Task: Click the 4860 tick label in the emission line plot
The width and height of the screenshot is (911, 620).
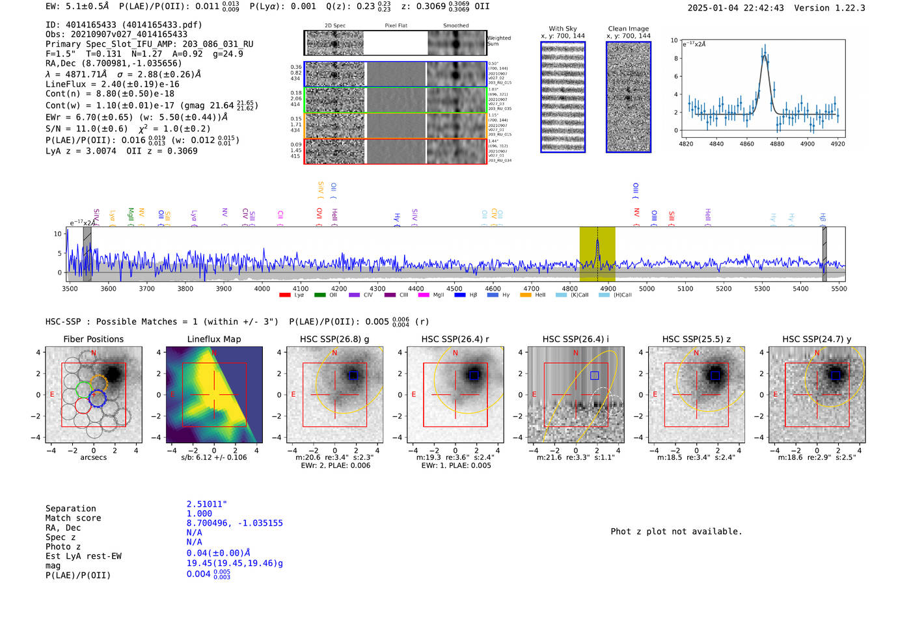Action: (746, 144)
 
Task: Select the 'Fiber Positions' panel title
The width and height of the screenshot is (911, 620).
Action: (93, 339)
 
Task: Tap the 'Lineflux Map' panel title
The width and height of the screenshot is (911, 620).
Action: (214, 339)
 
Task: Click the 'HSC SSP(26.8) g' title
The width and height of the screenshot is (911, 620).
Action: (334, 339)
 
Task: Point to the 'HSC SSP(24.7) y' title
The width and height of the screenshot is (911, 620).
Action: (817, 339)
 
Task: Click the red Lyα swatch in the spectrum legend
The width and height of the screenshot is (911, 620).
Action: (285, 295)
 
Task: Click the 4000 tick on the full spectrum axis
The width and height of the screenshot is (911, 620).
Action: (262, 288)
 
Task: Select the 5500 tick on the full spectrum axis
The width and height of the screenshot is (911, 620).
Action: (839, 288)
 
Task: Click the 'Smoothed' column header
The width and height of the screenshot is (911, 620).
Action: (455, 26)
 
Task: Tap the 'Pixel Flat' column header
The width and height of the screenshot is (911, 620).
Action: (396, 26)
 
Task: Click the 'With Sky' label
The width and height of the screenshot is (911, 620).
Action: (563, 29)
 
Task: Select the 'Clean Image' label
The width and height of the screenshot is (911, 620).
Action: (629, 29)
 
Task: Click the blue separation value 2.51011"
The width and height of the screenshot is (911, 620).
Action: (207, 504)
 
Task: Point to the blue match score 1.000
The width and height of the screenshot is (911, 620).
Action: (199, 513)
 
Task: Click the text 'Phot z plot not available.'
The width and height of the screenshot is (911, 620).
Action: (676, 532)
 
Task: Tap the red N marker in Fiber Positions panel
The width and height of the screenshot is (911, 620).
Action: (94, 353)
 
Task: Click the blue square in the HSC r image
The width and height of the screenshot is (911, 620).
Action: (474, 375)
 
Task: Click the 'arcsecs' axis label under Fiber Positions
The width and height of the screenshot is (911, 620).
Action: (93, 457)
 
